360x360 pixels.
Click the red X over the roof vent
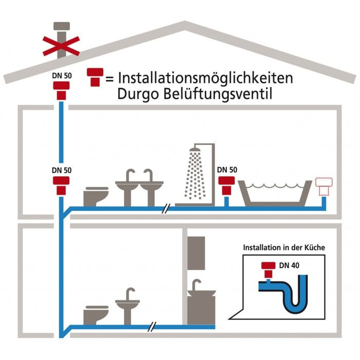pos(61,46)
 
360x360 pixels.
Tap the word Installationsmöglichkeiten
pos(206,78)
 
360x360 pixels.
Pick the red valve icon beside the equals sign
pos(95,77)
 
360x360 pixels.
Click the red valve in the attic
pos(61,91)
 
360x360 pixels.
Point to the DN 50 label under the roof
pos(62,76)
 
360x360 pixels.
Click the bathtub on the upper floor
pos(275,193)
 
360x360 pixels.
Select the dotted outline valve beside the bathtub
pos(323,187)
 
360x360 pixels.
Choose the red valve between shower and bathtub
pos(226,186)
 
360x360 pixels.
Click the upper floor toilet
pos(96,196)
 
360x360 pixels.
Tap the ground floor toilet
pos(96,315)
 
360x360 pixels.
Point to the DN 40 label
pos(289,265)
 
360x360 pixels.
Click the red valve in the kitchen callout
pos(268,270)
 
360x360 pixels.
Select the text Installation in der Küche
pos(284,247)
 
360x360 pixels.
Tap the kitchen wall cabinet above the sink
pos(196,253)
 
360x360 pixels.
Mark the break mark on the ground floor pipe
pos(152,327)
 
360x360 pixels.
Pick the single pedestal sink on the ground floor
pos(128,307)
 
